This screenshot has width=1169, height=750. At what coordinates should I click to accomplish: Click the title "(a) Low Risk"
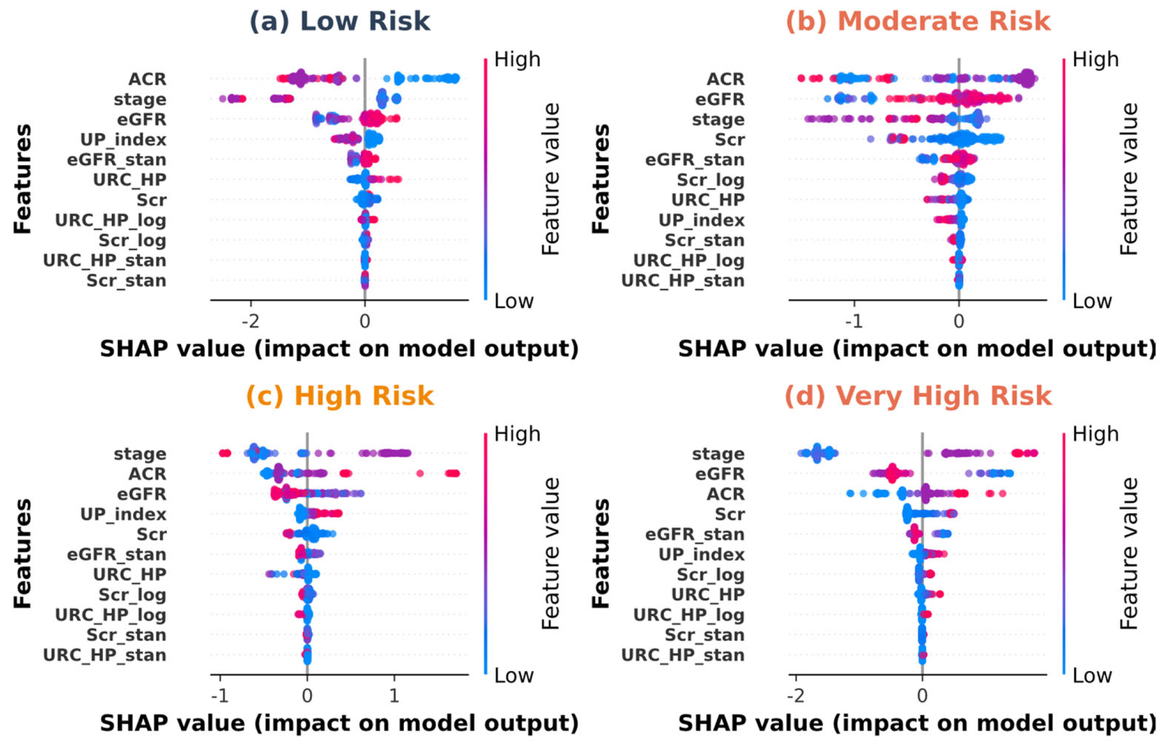[x=340, y=21]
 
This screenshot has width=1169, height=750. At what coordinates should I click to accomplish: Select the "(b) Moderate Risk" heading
[x=918, y=21]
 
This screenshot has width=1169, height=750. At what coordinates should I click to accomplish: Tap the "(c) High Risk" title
[x=340, y=396]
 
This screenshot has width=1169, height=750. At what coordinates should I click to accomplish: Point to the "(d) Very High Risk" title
[x=918, y=396]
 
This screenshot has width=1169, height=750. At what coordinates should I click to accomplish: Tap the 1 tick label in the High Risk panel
[x=394, y=696]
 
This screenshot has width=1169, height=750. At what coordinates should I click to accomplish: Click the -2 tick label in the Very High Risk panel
[x=795, y=696]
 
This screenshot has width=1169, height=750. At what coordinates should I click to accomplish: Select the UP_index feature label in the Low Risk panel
[x=123, y=140]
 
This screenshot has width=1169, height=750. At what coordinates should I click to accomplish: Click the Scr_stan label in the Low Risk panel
[x=126, y=281]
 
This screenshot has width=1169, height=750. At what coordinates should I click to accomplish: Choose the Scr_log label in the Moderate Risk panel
[x=710, y=180]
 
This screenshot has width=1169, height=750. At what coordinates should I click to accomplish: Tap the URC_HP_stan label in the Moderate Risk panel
[x=682, y=281]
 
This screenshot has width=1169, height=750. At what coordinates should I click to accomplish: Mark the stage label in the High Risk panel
[x=140, y=454]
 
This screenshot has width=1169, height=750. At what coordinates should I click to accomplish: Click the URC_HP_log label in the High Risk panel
[x=110, y=615]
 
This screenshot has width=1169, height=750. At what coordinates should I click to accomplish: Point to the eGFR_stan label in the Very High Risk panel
[x=694, y=535]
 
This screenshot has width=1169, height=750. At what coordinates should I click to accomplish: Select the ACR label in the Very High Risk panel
[x=725, y=494]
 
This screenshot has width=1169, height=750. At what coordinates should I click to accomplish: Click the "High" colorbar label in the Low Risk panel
[x=517, y=60]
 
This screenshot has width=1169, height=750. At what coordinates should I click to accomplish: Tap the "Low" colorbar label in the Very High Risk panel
[x=1092, y=676]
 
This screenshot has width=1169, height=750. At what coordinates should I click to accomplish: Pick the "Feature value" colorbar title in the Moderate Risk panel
[x=1129, y=179]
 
